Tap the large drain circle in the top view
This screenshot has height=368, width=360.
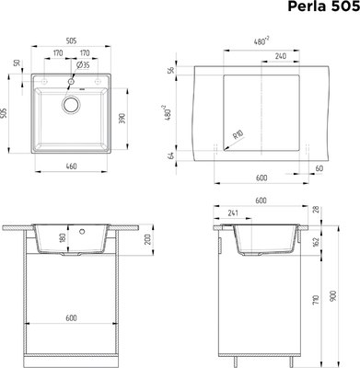click(70, 105)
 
